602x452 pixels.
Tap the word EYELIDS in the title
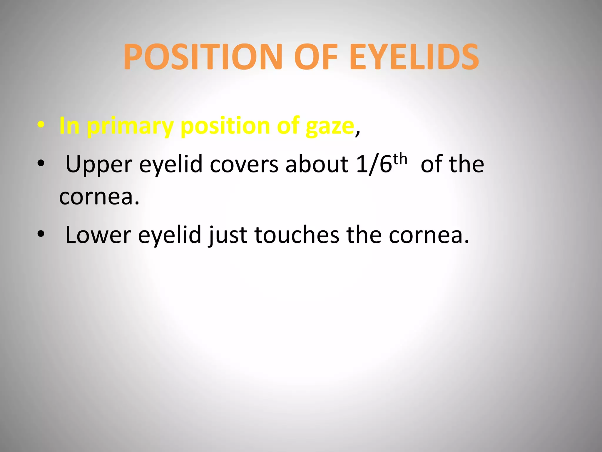pyautogui.click(x=414, y=57)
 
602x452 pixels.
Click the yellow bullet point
pyautogui.click(x=41, y=125)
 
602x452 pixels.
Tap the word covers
pyautogui.click(x=244, y=164)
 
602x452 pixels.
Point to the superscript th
pyautogui.click(x=400, y=159)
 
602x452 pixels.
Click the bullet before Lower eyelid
pyautogui.click(x=41, y=234)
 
